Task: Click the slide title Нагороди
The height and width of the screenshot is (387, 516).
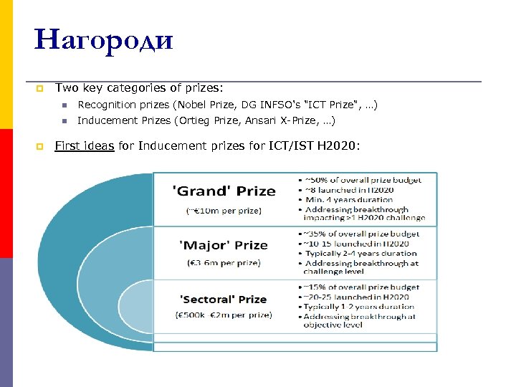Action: tap(104, 39)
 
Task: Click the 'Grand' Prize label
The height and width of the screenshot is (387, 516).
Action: tap(224, 191)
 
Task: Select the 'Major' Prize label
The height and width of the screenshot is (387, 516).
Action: tap(224, 245)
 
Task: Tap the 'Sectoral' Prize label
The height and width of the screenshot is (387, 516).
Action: tap(224, 299)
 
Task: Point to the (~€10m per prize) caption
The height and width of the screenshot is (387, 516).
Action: tap(224, 211)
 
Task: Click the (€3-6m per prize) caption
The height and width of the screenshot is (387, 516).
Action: tap(224, 263)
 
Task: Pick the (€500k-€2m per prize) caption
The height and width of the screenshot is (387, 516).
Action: tap(224, 315)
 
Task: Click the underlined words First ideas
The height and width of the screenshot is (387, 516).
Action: tap(85, 146)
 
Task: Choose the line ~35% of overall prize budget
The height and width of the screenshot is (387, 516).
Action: tap(363, 234)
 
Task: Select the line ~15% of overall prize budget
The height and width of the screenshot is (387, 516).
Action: tap(363, 287)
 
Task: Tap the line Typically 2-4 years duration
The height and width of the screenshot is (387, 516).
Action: tap(361, 254)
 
